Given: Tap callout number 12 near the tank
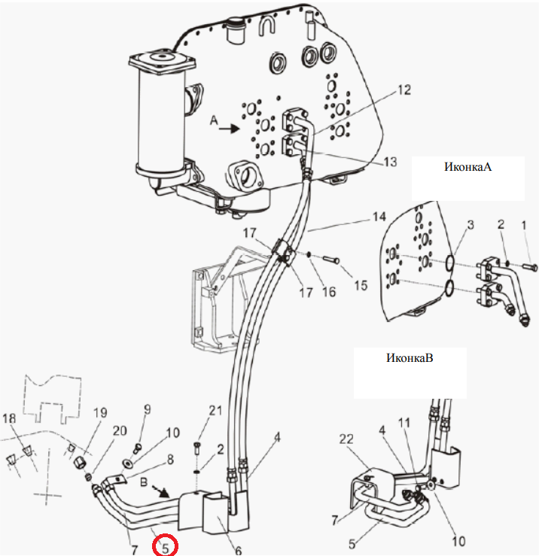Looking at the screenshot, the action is click(404, 90).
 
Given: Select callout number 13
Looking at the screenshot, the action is click(390, 162).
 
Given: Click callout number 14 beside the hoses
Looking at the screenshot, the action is click(379, 216).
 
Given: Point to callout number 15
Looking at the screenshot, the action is click(361, 285).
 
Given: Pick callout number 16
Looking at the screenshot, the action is click(328, 292).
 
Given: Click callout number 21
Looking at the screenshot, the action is click(215, 410).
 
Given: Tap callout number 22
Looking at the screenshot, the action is click(346, 439).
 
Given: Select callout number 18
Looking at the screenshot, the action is click(9, 418).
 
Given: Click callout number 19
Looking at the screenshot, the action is click(100, 412).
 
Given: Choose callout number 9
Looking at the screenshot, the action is click(148, 409).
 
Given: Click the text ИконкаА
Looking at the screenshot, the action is click(467, 167).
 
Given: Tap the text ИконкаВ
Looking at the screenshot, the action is click(410, 357).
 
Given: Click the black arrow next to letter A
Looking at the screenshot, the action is click(230, 129).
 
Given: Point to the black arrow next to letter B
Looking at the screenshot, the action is click(160, 491).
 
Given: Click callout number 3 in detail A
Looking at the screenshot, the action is click(470, 225).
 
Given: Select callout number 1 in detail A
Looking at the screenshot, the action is click(524, 225).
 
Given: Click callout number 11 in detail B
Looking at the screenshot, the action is click(404, 423).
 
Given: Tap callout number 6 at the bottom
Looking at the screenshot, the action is click(238, 550).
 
